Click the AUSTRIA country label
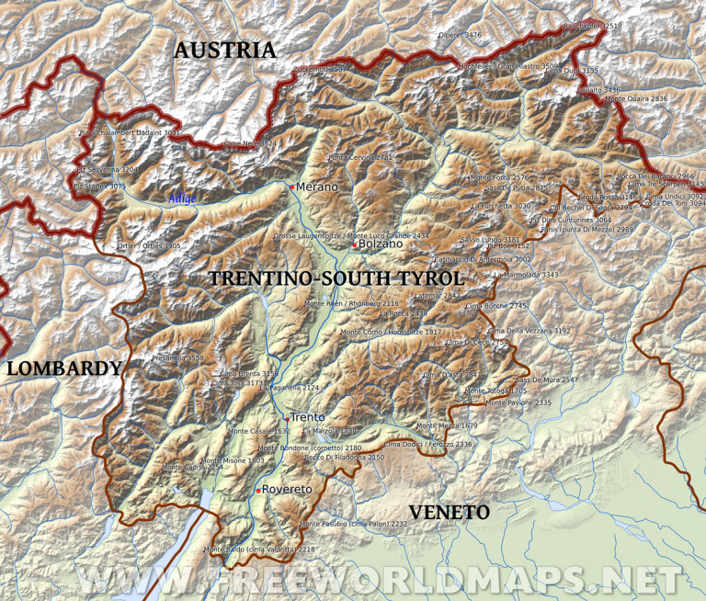click(225, 51)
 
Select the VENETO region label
click(450, 512)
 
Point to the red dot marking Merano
click(291, 187)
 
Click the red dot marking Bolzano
click(354, 244)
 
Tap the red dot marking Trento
click(285, 418)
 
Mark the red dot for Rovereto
click(258, 490)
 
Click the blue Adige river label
click(181, 198)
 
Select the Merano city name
click(317, 187)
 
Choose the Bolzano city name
click(381, 244)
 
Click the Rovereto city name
click(288, 489)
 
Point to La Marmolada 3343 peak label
click(526, 275)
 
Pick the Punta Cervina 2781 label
click(359, 158)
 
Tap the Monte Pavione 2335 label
click(518, 403)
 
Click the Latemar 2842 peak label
click(438, 296)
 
